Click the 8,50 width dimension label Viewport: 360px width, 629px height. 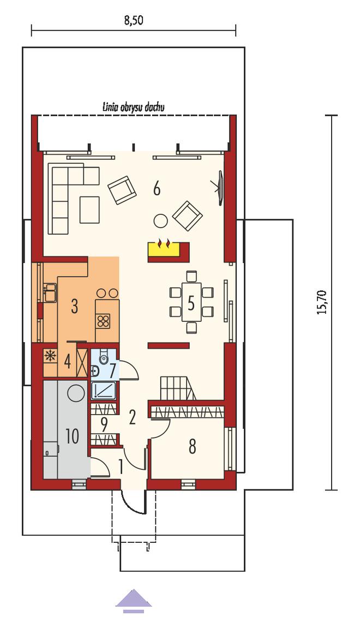pos(134,21)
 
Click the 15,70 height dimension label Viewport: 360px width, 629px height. pos(322,302)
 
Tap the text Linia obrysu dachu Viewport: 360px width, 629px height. pos(133,107)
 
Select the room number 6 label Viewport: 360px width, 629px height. pos(157,188)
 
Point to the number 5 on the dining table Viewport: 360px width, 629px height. pos(191,304)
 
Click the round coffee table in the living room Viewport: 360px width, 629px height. pos(161,220)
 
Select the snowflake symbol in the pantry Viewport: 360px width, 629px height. pos(50,356)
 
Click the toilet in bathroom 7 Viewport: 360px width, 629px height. pos(104,356)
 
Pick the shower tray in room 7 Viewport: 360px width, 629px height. pos(104,390)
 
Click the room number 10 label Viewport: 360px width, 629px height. pos(72,436)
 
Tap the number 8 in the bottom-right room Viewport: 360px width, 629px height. pos(193,446)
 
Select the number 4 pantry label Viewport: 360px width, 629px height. pos(67,362)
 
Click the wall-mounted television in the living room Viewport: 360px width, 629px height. pos(219,188)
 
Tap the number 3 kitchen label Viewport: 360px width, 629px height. pos(74,307)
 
